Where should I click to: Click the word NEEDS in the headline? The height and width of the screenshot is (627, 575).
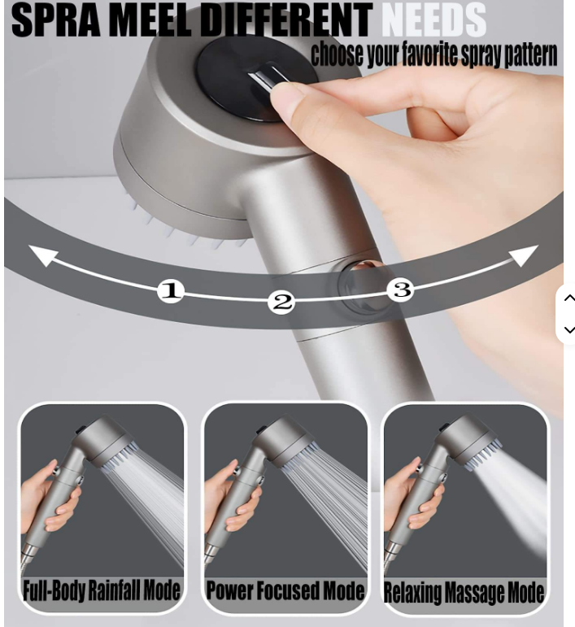click(x=433, y=20)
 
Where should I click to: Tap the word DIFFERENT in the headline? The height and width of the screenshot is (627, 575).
click(x=285, y=20)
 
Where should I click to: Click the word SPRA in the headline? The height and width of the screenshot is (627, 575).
click(x=56, y=20)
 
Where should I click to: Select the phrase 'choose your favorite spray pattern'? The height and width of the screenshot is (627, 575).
click(x=433, y=54)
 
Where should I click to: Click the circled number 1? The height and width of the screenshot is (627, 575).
click(x=171, y=290)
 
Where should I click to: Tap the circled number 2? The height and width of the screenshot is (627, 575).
click(x=282, y=302)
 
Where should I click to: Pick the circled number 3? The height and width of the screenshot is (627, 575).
click(x=401, y=290)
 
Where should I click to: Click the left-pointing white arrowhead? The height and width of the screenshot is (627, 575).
click(x=43, y=255)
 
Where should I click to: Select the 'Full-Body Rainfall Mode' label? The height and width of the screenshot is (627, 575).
click(x=102, y=590)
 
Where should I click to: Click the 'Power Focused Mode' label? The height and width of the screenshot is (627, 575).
click(x=285, y=590)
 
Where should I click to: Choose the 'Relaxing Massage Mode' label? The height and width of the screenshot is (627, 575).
click(x=464, y=592)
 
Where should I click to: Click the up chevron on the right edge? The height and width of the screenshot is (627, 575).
click(x=569, y=298)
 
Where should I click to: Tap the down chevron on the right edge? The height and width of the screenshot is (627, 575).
click(x=569, y=329)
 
